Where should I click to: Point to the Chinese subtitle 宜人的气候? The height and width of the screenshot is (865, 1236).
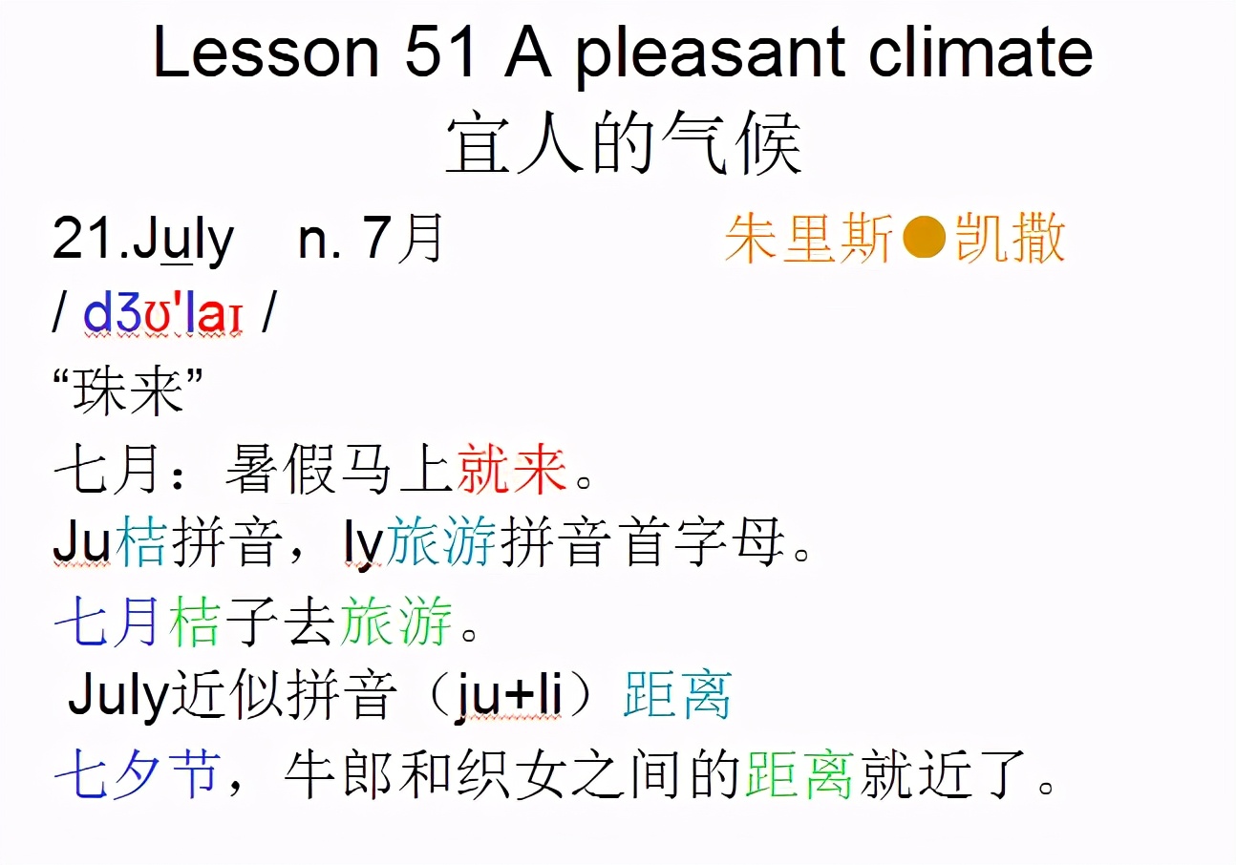tap(623, 145)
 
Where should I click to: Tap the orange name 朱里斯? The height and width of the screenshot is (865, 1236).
tap(810, 238)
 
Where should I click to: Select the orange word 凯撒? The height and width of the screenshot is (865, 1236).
tap(1011, 238)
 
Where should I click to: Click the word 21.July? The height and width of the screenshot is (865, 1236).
tap(143, 240)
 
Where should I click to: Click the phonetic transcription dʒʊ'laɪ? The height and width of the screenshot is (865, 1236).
tap(163, 314)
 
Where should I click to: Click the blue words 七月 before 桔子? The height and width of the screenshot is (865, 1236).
tap(107, 622)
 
